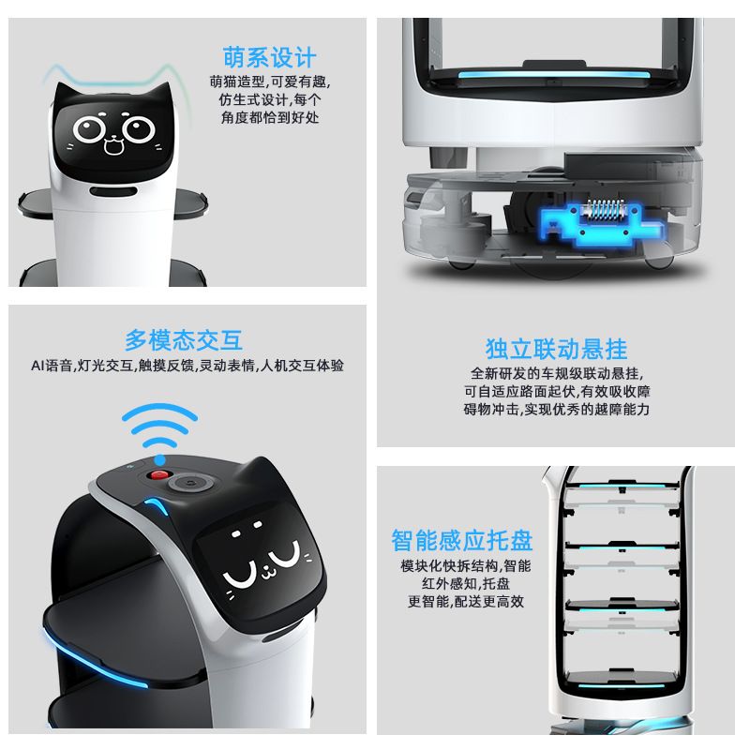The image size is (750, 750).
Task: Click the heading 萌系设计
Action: (x=269, y=58)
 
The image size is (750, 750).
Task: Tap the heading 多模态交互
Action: (x=184, y=340)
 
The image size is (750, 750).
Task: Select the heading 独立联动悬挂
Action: (x=556, y=349)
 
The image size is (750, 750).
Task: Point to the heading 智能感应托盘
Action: (x=462, y=540)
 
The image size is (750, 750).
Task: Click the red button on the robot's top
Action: (x=159, y=475)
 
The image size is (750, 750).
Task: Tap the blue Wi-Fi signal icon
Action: (x=159, y=432)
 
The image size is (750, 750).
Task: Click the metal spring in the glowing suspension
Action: (x=603, y=208)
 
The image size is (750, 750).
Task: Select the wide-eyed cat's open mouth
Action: (x=113, y=144)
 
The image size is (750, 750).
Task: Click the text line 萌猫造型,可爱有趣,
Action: (x=270, y=82)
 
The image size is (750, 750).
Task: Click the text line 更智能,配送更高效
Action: (x=466, y=601)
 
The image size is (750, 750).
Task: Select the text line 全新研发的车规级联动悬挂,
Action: (x=557, y=373)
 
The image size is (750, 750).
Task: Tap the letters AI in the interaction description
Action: (x=37, y=366)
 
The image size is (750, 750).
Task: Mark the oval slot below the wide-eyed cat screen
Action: (x=113, y=191)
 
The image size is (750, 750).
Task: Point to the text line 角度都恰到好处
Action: (x=270, y=117)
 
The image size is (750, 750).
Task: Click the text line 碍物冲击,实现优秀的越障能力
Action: (x=557, y=410)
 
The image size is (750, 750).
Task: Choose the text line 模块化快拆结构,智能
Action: (x=466, y=566)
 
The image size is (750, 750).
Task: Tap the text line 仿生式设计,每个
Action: (x=270, y=99)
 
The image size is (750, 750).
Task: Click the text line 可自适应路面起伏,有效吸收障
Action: (x=557, y=391)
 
